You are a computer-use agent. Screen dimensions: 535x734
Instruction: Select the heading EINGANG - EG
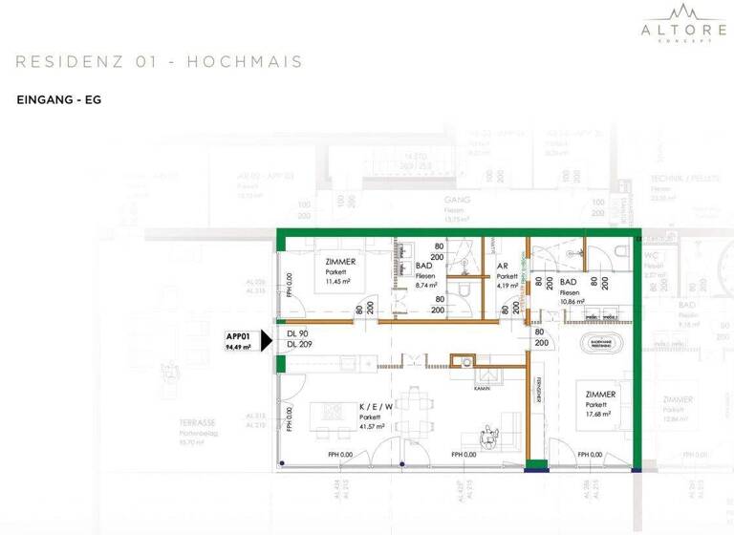point(59,98)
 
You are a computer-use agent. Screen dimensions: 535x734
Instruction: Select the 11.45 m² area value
point(338,283)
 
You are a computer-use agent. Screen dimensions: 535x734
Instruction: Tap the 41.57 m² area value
point(373,427)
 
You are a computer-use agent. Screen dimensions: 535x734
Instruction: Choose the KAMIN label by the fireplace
point(482,389)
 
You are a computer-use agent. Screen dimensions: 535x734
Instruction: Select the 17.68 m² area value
point(599,415)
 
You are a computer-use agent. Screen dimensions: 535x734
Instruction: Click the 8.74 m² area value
point(426,285)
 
